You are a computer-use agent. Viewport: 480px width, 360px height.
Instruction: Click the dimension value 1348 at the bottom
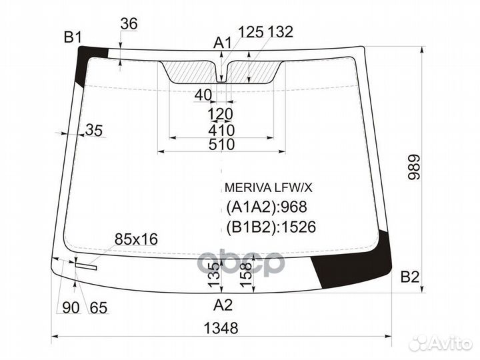(x=220, y=329)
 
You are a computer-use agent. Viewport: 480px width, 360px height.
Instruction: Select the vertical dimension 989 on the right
(x=414, y=169)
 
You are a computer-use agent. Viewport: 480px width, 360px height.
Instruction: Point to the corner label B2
(x=410, y=277)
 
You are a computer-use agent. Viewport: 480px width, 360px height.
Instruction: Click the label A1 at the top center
(x=222, y=43)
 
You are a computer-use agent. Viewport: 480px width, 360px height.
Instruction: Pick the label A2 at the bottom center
(x=223, y=305)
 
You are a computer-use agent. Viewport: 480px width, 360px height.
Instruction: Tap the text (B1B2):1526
(x=270, y=227)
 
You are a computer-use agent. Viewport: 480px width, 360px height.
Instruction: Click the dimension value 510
(x=221, y=145)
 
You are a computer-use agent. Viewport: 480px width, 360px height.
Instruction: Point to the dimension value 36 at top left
(x=129, y=23)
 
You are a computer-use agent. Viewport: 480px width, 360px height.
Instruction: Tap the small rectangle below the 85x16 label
(x=86, y=265)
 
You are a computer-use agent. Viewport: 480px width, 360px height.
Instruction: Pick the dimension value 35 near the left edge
(x=95, y=131)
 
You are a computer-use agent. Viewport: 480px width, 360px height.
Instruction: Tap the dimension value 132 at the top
(x=279, y=32)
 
